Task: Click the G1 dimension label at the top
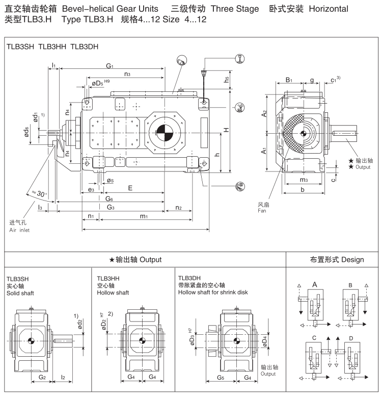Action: [110, 66]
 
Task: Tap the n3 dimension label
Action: [127, 74]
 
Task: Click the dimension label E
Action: [131, 188]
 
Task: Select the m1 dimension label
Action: [144, 216]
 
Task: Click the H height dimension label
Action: [226, 131]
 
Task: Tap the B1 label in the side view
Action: [289, 80]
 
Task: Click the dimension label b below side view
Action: [303, 189]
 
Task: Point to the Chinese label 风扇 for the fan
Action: [263, 204]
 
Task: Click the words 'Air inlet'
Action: [19, 231]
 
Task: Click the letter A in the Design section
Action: [315, 284]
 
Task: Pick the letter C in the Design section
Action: [314, 338]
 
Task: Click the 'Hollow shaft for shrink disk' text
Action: [213, 292]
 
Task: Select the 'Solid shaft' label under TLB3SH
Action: [17, 293]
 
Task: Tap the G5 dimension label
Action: [221, 378]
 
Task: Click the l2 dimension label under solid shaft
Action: [63, 378]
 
